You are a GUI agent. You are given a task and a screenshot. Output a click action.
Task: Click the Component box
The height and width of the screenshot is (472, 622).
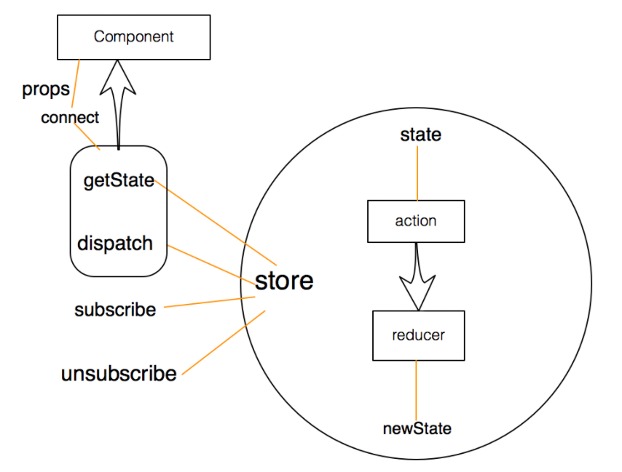point(134,36)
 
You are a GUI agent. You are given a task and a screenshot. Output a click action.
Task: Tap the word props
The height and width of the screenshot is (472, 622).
point(46,89)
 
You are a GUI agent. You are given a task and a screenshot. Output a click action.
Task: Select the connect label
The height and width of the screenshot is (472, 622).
point(70,118)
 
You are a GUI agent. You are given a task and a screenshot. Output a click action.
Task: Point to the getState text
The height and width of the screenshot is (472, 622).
point(119,180)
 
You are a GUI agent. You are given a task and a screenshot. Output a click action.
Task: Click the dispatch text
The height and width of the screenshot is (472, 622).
point(115,243)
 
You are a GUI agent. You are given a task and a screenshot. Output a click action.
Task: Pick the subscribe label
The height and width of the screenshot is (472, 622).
point(115,310)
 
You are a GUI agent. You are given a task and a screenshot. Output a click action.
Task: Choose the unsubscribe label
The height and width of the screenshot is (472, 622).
point(119,374)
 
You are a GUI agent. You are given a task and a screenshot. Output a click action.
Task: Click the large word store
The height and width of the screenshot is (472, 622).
point(284,281)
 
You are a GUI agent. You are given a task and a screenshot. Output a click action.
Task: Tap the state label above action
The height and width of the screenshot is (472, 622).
point(421,135)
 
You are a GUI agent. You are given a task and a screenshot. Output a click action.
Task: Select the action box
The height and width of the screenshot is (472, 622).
point(416,221)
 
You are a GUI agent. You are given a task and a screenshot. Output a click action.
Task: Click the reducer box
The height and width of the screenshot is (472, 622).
point(418,335)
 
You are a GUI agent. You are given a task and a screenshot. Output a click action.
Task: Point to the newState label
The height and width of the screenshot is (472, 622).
point(417,428)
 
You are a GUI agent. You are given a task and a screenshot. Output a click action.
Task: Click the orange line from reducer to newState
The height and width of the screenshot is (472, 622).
point(417,389)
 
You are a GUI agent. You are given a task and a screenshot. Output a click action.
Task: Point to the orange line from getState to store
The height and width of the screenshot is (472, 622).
point(215,222)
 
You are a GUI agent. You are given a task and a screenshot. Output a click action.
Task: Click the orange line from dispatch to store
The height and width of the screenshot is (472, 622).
point(208,263)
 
